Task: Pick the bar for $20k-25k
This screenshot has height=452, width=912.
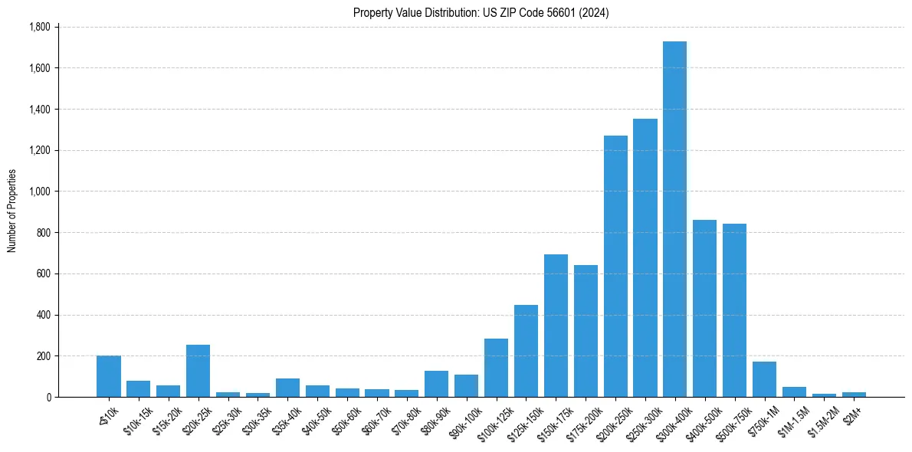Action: (198, 371)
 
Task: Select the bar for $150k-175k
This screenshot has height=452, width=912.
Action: (556, 326)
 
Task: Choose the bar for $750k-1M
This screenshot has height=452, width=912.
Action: (764, 379)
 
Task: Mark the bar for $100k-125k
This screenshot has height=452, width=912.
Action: (496, 368)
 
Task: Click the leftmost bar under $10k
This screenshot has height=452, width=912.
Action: (109, 376)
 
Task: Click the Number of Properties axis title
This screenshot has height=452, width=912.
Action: (11, 211)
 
